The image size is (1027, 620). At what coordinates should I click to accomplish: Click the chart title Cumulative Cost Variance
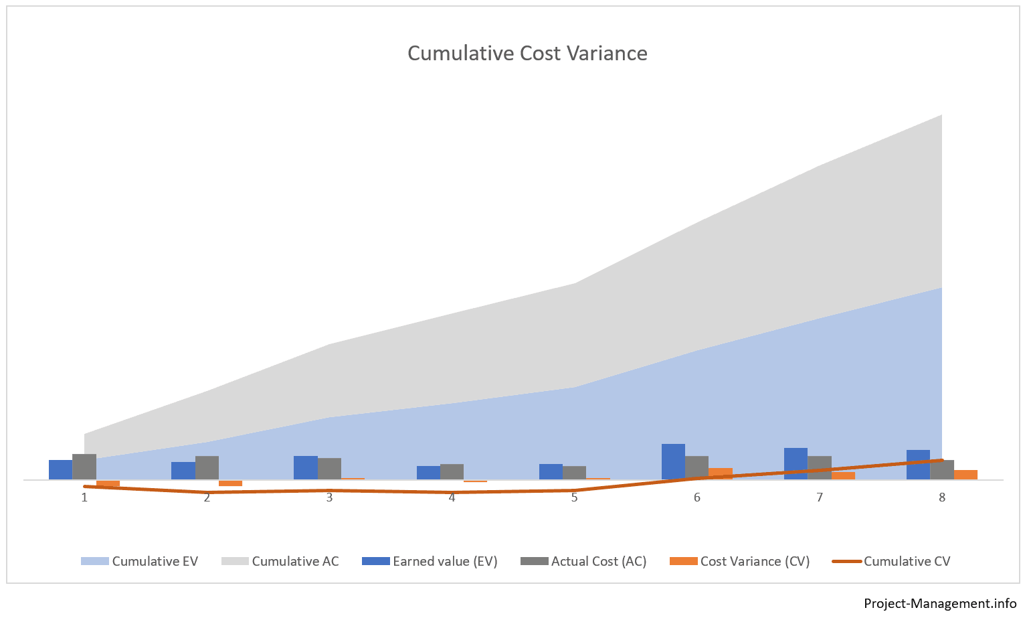pos(527,54)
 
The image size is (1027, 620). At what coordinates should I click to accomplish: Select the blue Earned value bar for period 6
pos(673,462)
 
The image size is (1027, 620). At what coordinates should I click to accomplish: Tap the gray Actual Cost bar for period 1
pos(84,467)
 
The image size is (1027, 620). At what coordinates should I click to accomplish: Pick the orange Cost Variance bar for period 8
pos(965,475)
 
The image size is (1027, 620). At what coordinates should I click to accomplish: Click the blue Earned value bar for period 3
pos(306,468)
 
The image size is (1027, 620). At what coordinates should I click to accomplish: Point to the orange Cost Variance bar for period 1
pos(108,483)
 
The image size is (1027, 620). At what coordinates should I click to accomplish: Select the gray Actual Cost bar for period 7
pos(820,468)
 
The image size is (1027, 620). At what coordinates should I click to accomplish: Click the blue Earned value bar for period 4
pos(428,473)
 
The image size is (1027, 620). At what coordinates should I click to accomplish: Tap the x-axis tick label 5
pos(574,497)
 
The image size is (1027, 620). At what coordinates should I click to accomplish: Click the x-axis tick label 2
pos(207,497)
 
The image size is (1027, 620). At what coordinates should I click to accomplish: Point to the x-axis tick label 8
pos(942,497)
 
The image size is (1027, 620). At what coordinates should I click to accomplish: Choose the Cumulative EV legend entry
pos(140,562)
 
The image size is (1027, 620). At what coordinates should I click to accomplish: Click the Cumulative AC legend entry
pos(280,562)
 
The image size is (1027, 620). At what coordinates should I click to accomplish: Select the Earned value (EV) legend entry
pos(430,562)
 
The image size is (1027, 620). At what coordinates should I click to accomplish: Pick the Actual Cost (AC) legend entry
pos(584,562)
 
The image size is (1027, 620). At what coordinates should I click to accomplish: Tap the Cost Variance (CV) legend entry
pos(740,562)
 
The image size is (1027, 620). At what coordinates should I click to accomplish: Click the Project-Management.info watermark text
pos(940,603)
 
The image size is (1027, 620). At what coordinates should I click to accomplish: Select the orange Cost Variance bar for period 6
pos(721,473)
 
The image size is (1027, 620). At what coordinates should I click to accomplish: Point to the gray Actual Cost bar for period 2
pos(207,468)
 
